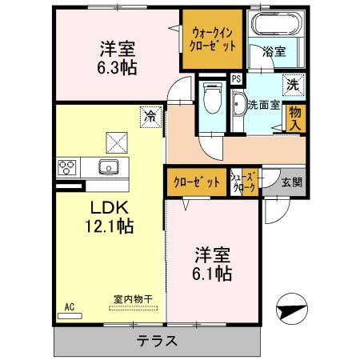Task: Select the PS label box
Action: tap(236, 78)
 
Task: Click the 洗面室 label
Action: tap(262, 103)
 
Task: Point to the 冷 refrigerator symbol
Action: tap(149, 116)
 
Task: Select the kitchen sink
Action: tap(106, 167)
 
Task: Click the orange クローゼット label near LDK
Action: tap(196, 182)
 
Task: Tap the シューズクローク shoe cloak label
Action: tap(243, 182)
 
